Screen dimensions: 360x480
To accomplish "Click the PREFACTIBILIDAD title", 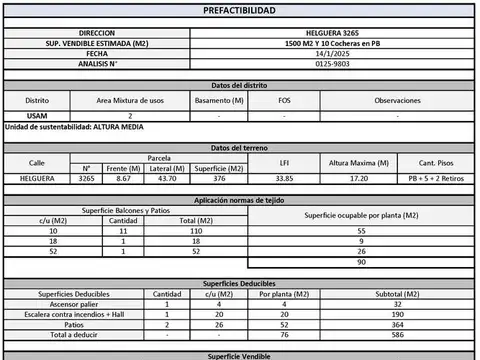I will pos(239,10).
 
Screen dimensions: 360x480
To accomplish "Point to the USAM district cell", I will pos(37,116).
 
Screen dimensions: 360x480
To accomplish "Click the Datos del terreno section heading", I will pos(239,147).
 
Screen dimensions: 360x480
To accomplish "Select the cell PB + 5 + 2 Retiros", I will pos(436,178).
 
